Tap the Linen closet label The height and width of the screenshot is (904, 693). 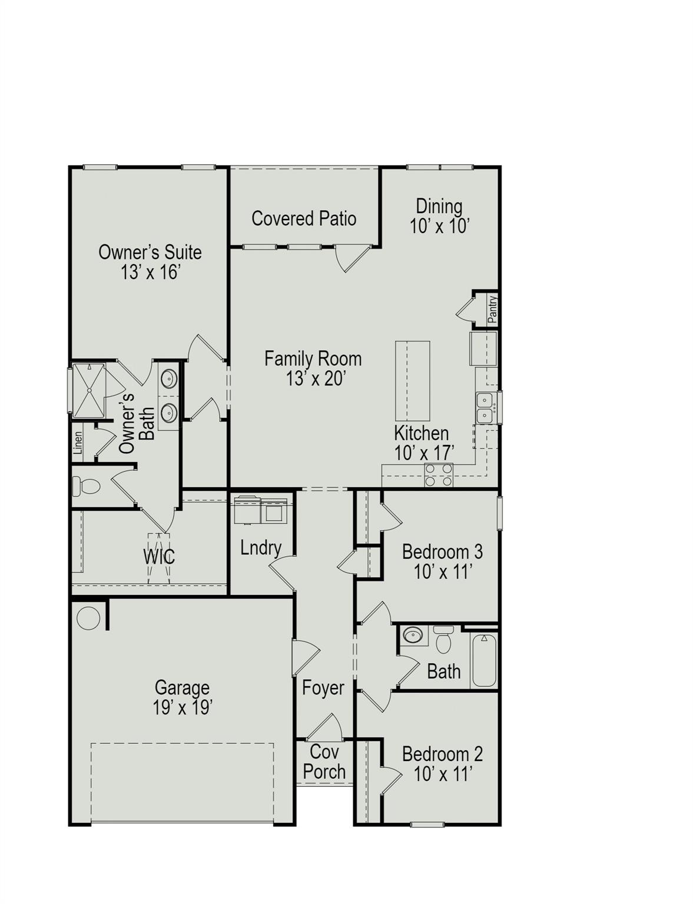point(78,443)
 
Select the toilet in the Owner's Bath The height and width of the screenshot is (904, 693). point(87,486)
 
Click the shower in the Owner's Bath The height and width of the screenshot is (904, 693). point(89,390)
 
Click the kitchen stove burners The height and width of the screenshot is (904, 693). point(439,475)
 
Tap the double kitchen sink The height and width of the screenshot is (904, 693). point(485,408)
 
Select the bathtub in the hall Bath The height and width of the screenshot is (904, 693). point(484,659)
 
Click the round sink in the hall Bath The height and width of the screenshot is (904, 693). point(413,635)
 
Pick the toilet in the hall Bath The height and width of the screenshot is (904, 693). point(443,640)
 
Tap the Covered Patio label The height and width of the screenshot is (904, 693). point(304,218)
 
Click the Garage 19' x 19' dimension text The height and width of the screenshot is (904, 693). point(183,707)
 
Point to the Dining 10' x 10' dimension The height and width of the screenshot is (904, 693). point(439,226)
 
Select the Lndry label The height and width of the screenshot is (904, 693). point(260,548)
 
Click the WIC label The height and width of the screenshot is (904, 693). point(159,556)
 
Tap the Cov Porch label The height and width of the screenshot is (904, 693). point(324,762)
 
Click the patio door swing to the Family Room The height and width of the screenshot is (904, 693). point(352,257)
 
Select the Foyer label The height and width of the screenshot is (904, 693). point(323,687)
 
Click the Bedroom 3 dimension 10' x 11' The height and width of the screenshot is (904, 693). point(443,571)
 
